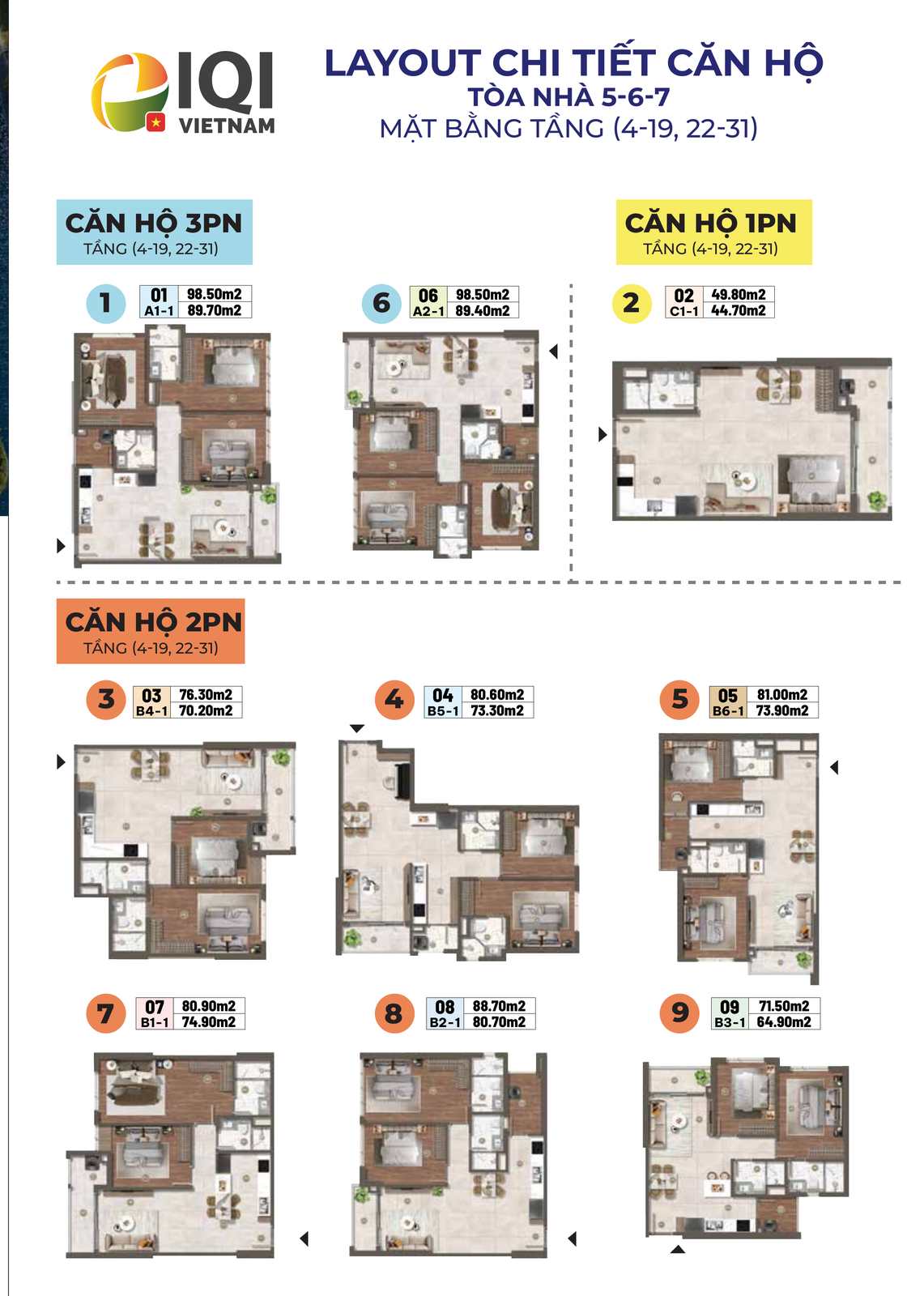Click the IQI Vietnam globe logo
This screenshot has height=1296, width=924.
click(x=130, y=92)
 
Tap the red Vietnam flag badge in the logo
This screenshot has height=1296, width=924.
click(x=155, y=122)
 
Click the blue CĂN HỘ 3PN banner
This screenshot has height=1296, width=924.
click(x=155, y=232)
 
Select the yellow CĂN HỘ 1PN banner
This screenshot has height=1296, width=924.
click(x=713, y=232)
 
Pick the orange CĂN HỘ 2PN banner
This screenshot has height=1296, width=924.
click(x=151, y=631)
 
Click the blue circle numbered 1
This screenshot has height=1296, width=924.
click(x=106, y=303)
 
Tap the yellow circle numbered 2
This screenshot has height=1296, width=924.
click(x=631, y=303)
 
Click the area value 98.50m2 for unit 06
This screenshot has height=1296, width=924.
click(x=482, y=295)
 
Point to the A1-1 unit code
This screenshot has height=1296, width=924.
click(x=159, y=311)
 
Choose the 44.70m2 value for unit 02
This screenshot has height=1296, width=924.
click(x=738, y=311)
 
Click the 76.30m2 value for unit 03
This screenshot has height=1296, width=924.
click(x=206, y=694)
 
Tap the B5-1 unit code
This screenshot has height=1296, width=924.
click(x=443, y=710)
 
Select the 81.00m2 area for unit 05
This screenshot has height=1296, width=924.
click(x=781, y=694)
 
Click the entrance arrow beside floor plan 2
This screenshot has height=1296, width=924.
click(x=603, y=434)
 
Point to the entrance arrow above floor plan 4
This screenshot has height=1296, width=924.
click(x=357, y=728)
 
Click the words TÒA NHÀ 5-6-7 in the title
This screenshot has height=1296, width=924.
click(x=568, y=96)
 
